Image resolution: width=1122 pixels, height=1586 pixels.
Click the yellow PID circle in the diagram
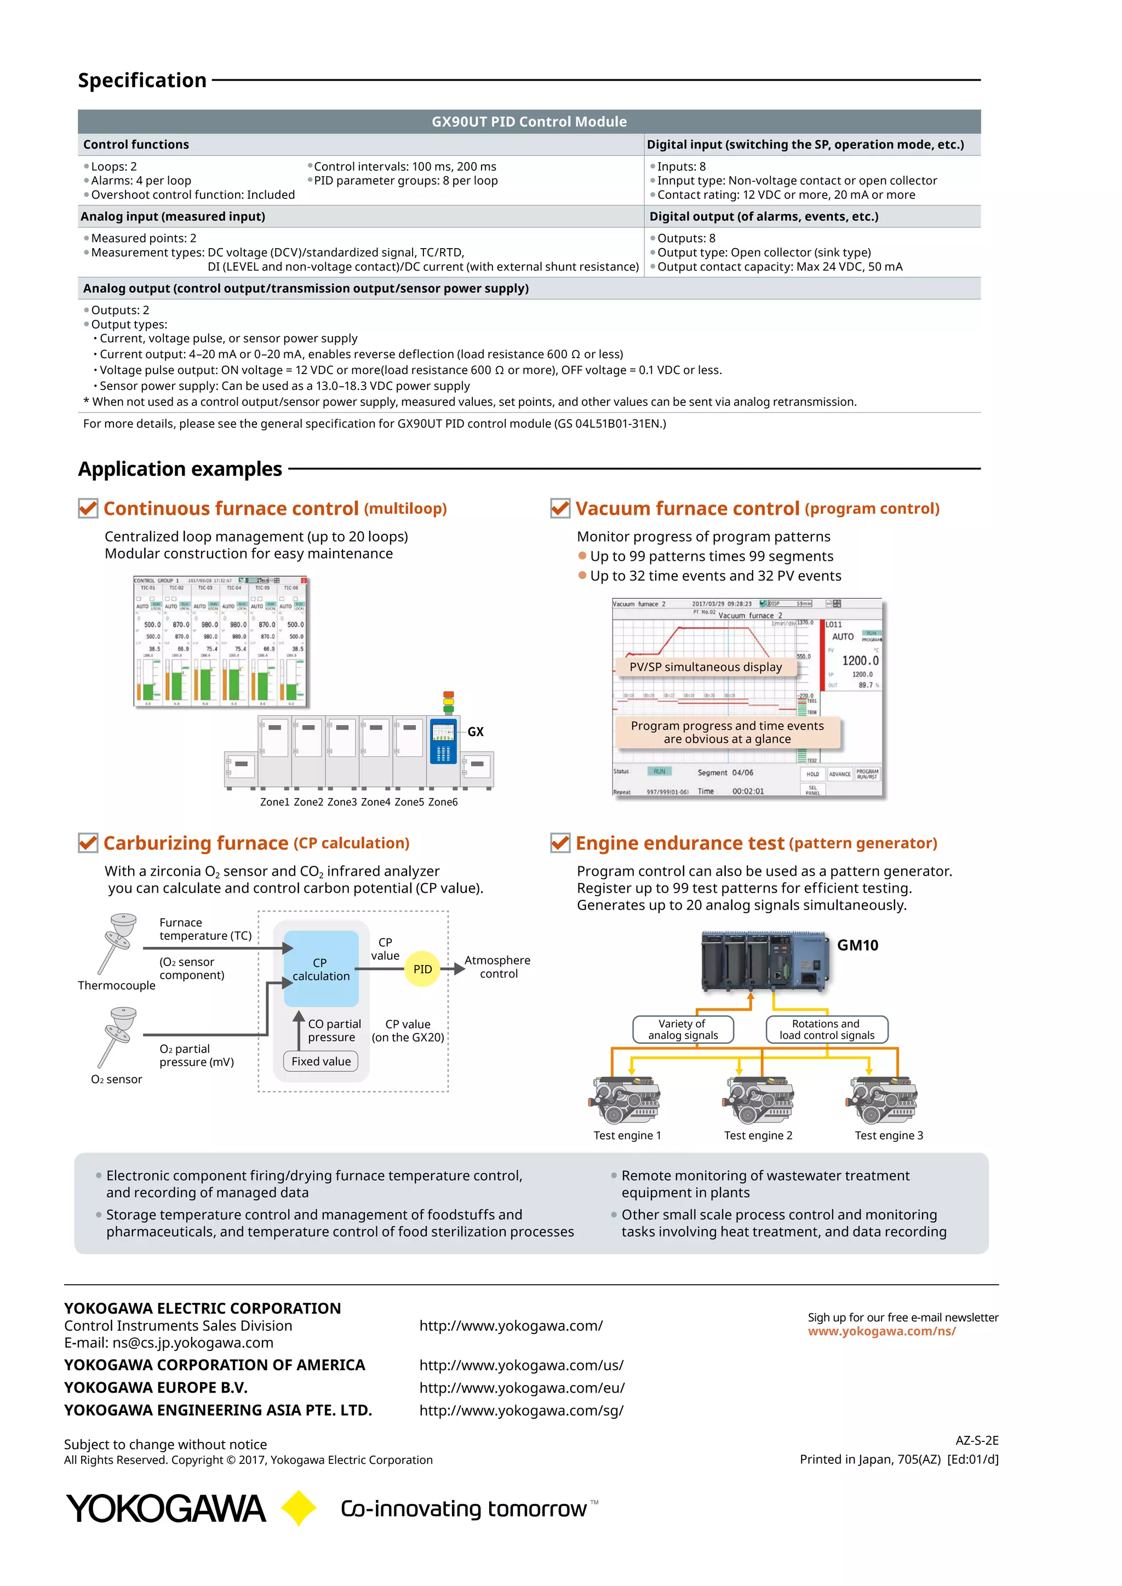click(x=422, y=969)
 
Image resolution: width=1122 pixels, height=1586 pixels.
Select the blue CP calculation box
click(x=321, y=969)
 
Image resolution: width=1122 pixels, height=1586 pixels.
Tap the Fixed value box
click(x=320, y=1061)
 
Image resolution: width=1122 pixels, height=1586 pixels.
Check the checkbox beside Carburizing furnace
click(x=88, y=843)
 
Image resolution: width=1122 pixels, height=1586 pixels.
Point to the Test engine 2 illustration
click(x=759, y=1100)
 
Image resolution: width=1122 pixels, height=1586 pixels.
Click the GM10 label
click(x=857, y=945)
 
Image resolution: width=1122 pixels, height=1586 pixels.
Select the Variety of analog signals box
click(x=683, y=1029)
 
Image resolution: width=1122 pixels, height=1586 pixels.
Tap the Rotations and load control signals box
click(x=826, y=1029)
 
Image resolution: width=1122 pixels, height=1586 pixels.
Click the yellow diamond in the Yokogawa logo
click(x=299, y=1508)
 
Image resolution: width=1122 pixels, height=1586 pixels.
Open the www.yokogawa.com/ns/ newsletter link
click(x=881, y=1331)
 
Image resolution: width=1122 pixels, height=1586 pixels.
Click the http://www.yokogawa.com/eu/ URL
click(x=522, y=1388)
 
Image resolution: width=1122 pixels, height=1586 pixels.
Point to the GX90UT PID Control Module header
click(x=529, y=122)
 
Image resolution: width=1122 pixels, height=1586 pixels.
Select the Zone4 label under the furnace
click(x=375, y=802)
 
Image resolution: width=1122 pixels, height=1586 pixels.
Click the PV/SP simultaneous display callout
click(x=706, y=666)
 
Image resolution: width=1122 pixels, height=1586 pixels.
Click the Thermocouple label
click(x=117, y=986)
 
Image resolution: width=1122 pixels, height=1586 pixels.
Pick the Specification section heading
click(x=142, y=80)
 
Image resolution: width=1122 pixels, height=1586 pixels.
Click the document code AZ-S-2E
click(x=977, y=1440)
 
